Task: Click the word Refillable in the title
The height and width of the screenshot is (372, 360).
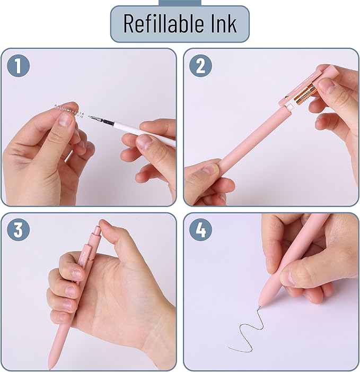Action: tap(161, 24)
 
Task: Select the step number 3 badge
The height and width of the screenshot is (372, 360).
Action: tap(18, 230)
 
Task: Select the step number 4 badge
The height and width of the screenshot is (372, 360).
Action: tap(200, 230)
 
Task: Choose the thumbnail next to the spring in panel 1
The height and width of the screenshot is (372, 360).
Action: tap(65, 119)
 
